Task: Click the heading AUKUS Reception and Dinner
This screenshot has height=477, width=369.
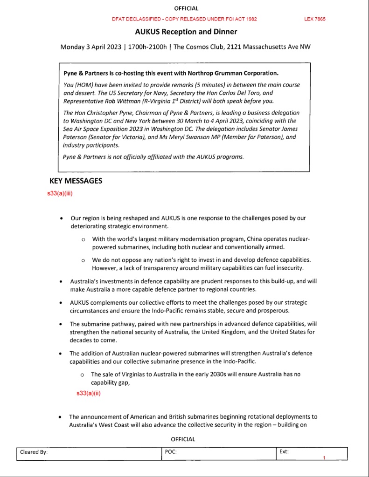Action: click(x=186, y=32)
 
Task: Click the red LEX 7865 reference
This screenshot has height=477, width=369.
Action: click(x=314, y=19)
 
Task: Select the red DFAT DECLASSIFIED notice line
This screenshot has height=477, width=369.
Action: click(x=184, y=19)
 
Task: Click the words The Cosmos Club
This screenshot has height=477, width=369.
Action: click(x=198, y=47)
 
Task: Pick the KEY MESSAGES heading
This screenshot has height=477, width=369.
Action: click(x=76, y=181)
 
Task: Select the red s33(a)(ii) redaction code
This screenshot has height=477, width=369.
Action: click(x=89, y=393)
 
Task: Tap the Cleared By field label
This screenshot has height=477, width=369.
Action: click(x=34, y=452)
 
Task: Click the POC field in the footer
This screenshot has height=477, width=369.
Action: click(x=171, y=452)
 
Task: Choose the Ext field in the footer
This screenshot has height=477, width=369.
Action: click(x=284, y=452)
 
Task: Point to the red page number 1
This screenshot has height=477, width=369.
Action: click(x=324, y=458)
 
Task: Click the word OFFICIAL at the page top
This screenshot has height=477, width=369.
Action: click(x=186, y=8)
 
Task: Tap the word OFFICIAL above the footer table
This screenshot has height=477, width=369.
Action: click(x=183, y=439)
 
